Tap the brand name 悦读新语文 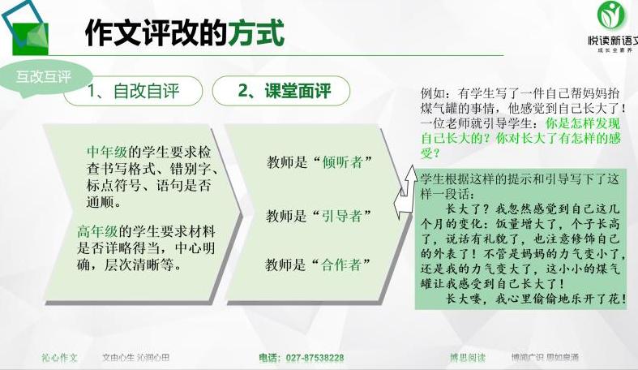(x=612, y=38)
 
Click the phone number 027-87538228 (x=301, y=358)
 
